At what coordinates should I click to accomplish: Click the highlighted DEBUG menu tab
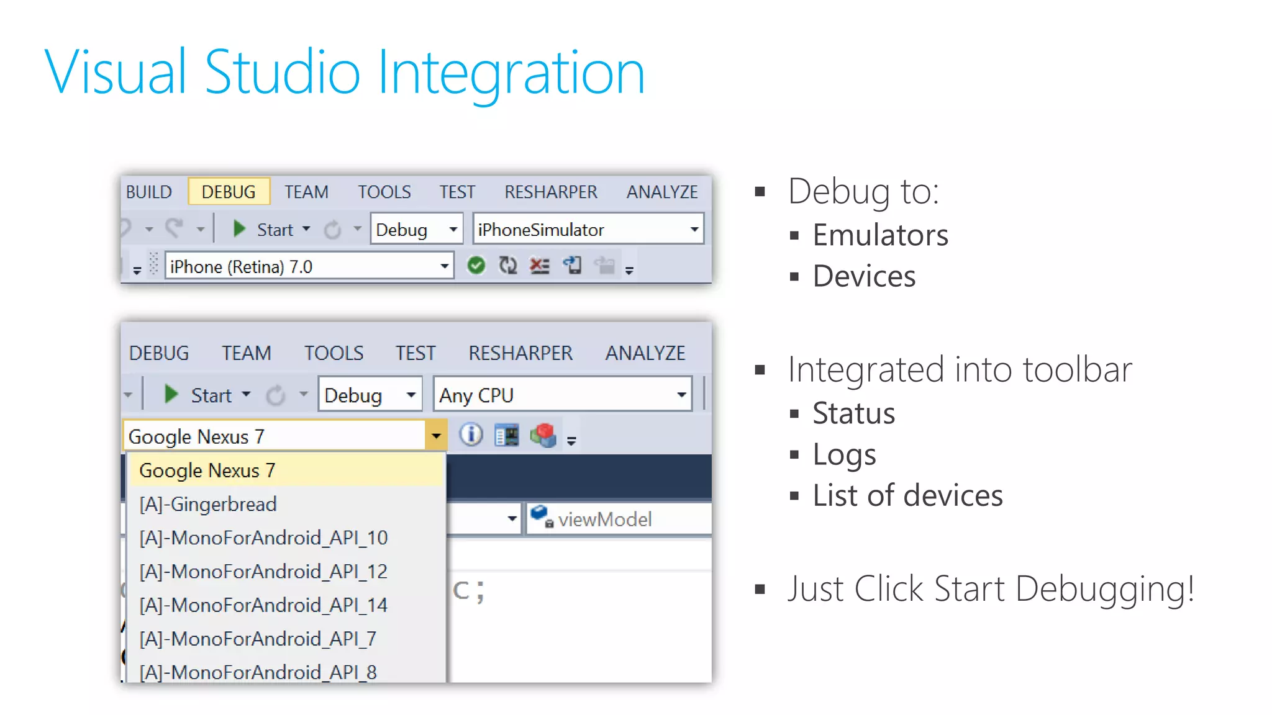(229, 192)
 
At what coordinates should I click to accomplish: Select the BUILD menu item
(149, 192)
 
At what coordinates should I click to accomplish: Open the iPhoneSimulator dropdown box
(588, 230)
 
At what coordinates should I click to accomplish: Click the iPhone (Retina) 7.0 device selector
(309, 267)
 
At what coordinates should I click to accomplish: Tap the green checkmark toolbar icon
(476, 266)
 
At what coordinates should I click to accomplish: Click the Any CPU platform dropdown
(563, 395)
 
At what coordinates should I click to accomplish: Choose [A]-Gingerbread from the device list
(208, 504)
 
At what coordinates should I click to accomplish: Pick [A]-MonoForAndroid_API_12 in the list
(263, 571)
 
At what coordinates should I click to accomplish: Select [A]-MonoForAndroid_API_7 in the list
(258, 639)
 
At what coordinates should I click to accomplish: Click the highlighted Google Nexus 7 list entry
(207, 470)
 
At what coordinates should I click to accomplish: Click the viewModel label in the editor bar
(604, 519)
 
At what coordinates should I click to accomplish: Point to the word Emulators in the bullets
(880, 235)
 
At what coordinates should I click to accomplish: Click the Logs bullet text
(844, 455)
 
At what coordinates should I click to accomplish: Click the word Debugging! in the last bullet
(1105, 588)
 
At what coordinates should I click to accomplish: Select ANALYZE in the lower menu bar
(645, 353)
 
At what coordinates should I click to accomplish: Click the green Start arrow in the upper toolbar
(239, 229)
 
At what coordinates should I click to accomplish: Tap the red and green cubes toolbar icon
(543, 435)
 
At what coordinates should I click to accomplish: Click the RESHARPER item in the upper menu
(550, 192)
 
